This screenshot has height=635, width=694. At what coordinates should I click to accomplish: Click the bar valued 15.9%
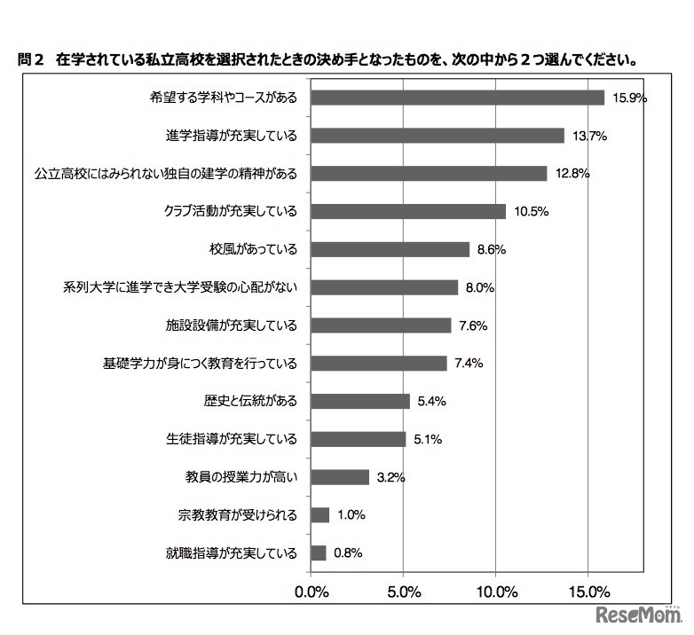(x=457, y=98)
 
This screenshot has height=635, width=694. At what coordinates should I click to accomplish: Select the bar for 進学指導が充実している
(x=438, y=136)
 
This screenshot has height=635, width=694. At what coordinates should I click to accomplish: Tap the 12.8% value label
(x=573, y=174)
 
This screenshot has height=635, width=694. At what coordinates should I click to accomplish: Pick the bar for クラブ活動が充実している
(x=408, y=211)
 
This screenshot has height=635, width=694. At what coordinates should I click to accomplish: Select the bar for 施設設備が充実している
(x=381, y=325)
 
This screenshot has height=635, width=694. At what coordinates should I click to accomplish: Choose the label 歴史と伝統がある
(x=250, y=401)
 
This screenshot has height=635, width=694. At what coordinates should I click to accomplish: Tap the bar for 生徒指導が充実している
(x=359, y=439)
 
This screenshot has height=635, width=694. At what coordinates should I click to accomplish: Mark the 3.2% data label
(x=390, y=477)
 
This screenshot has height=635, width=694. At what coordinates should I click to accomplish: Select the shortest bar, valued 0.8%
(x=319, y=553)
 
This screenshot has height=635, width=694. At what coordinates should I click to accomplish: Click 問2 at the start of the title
(x=32, y=61)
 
